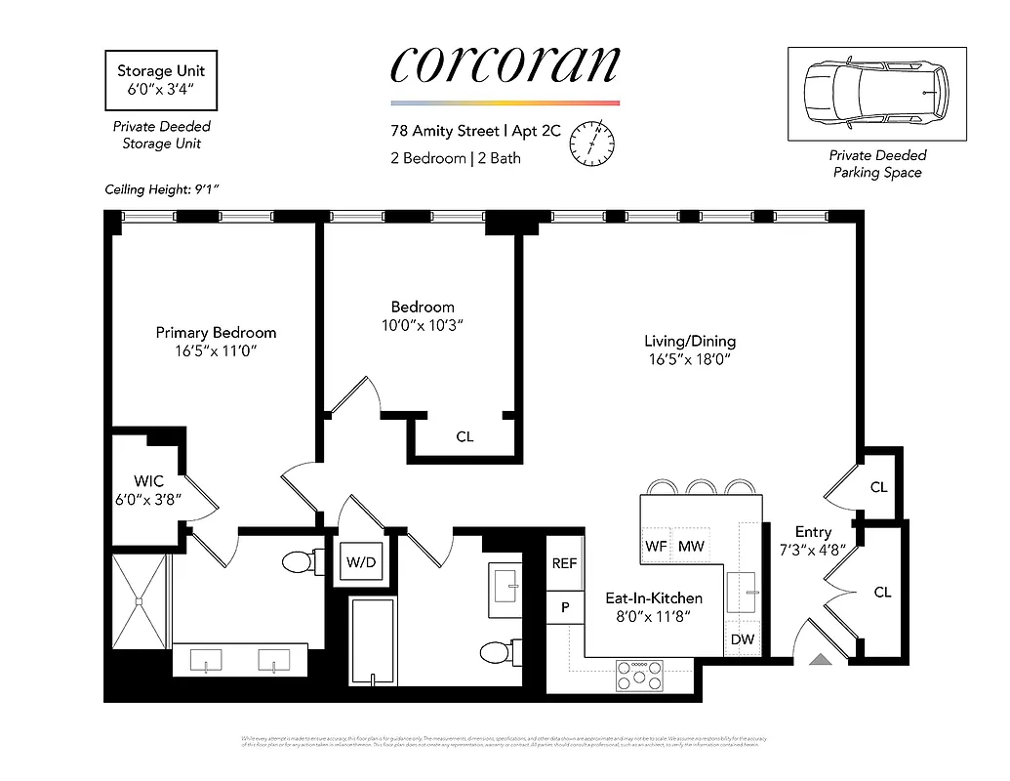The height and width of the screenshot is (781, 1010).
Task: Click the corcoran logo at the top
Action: (505, 66)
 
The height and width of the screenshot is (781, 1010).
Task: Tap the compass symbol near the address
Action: (591, 144)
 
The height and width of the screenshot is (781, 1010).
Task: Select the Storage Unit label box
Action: (161, 80)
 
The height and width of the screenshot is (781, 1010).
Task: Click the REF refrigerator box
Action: (564, 563)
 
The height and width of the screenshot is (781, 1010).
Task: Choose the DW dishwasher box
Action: (743, 639)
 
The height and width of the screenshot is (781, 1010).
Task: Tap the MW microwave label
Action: (691, 547)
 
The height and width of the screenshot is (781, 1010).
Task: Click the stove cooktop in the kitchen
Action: (639, 675)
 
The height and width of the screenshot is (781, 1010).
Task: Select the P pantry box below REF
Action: (564, 605)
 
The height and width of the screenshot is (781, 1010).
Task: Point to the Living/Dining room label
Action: (689, 342)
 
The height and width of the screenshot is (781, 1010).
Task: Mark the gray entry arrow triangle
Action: (820, 659)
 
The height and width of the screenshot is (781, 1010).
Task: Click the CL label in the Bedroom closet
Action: (465, 436)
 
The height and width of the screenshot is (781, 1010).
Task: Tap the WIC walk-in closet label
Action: (147, 480)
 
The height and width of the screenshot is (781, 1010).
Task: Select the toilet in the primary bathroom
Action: (298, 562)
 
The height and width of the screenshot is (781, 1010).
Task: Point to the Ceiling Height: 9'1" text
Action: (162, 189)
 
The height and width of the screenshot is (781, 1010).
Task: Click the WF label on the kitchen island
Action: (656, 547)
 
